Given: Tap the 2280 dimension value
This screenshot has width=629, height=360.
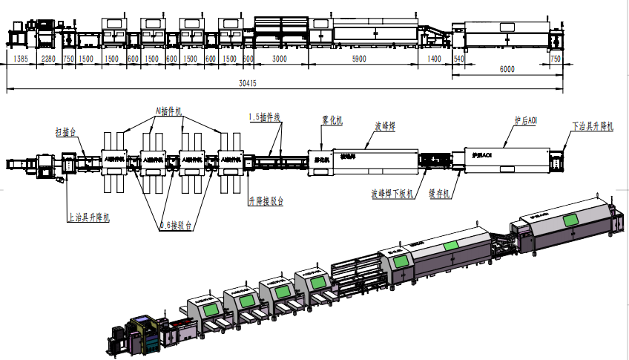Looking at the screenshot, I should [x=47, y=58].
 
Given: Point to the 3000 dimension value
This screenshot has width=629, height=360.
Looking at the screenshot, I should [x=280, y=58].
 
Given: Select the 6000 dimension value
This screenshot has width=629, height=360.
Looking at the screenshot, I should [x=507, y=68].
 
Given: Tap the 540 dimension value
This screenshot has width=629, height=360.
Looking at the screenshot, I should [x=457, y=58].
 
